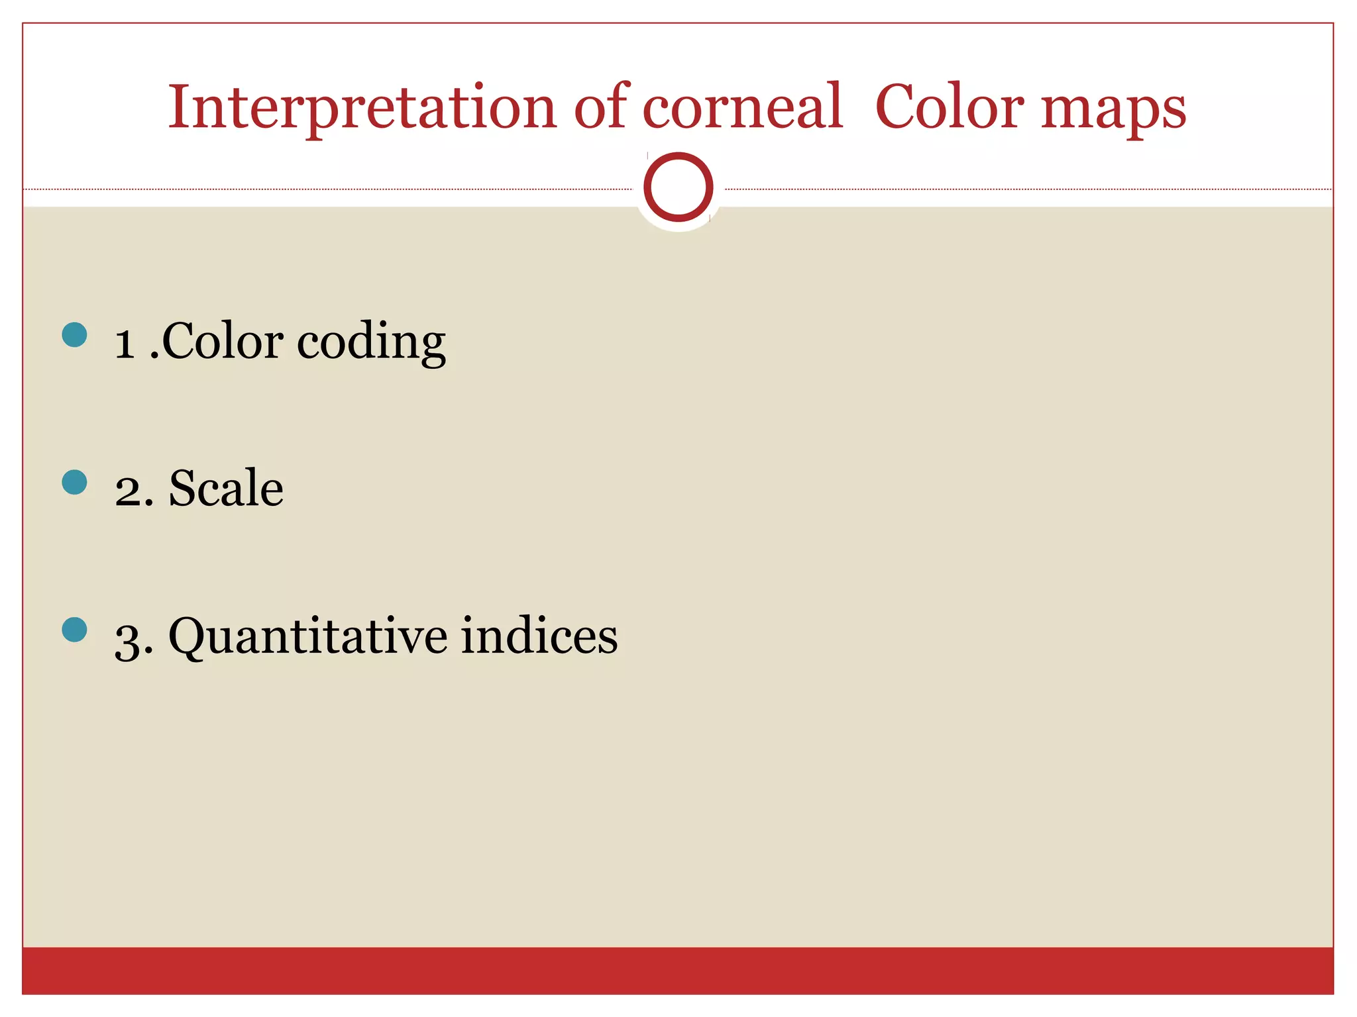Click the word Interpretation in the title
(x=362, y=108)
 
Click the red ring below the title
(x=678, y=187)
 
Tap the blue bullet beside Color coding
(x=74, y=335)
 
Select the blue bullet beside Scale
(x=74, y=482)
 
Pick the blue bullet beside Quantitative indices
(x=74, y=630)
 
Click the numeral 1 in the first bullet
(x=125, y=344)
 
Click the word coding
(x=371, y=343)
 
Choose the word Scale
(x=226, y=488)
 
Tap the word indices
(x=539, y=636)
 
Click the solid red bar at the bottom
(x=678, y=970)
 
